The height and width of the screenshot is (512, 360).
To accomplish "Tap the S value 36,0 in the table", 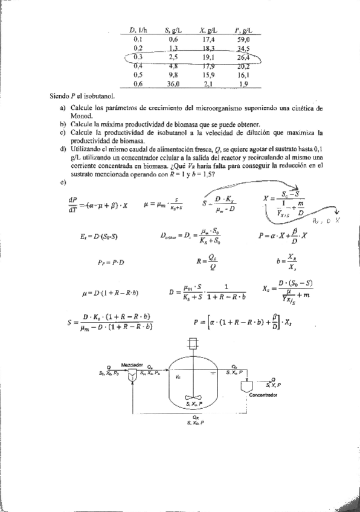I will coord(174,84).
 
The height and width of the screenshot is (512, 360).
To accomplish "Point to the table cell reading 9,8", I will coord(174,75).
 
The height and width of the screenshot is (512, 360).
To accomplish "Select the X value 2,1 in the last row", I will coord(210,84).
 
